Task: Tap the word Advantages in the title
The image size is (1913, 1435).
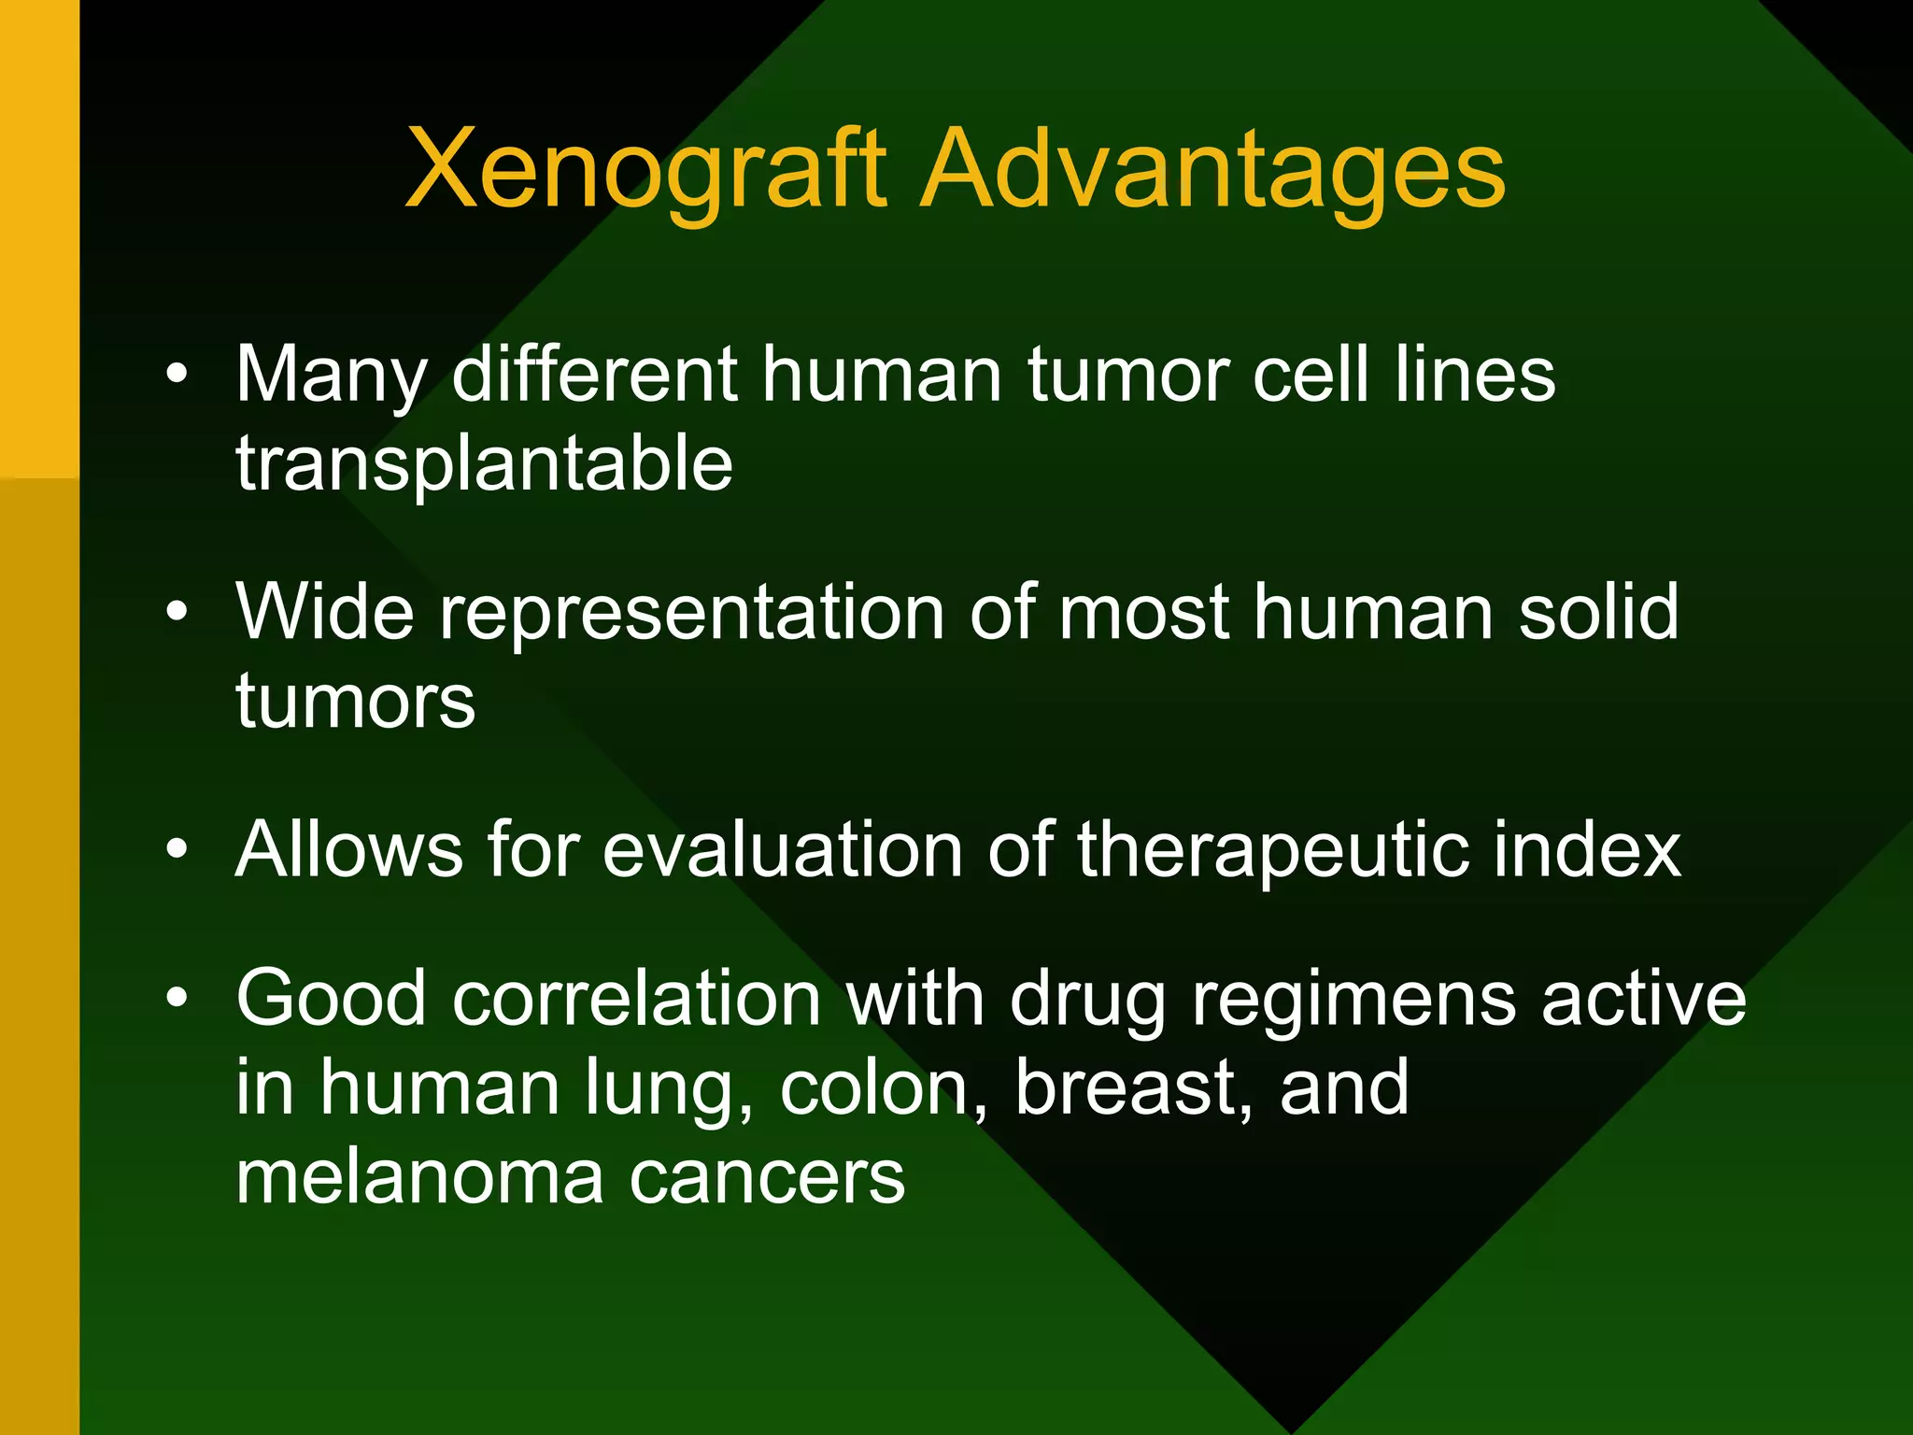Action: [1212, 171]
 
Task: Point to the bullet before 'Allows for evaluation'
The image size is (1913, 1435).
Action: [177, 849]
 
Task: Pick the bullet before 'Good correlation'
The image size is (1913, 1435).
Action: [177, 998]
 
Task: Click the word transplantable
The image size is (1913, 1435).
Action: [484, 464]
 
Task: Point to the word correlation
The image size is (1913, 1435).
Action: [635, 998]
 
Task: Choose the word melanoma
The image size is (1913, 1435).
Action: [419, 1177]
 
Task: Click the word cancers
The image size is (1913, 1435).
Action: [767, 1177]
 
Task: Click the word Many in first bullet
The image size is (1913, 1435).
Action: [331, 376]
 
